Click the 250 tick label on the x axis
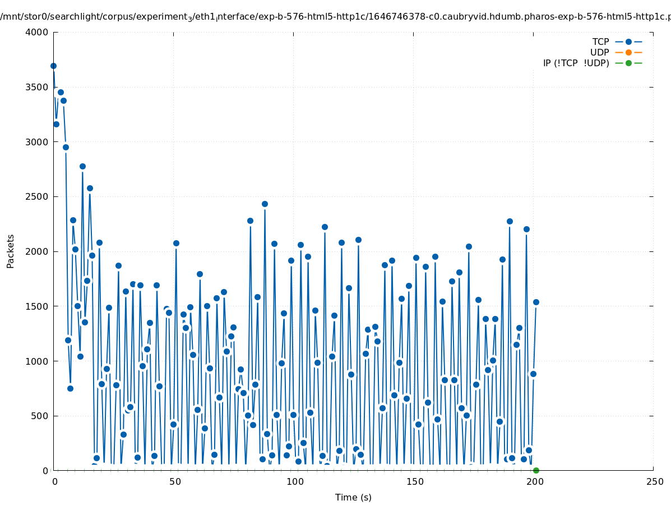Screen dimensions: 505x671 (654, 481)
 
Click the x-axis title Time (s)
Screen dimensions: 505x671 (353, 497)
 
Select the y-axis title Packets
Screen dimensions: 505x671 (11, 251)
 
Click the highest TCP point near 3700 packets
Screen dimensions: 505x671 (53, 66)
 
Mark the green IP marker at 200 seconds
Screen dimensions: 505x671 (536, 470)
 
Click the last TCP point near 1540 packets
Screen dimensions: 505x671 (536, 302)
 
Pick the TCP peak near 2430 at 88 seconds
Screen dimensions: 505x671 (265, 204)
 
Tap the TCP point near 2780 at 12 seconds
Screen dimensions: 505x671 (82, 166)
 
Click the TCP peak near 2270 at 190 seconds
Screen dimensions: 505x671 (510, 221)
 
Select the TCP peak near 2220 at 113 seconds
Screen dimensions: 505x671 (325, 227)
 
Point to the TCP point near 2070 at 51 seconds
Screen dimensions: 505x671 (176, 243)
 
